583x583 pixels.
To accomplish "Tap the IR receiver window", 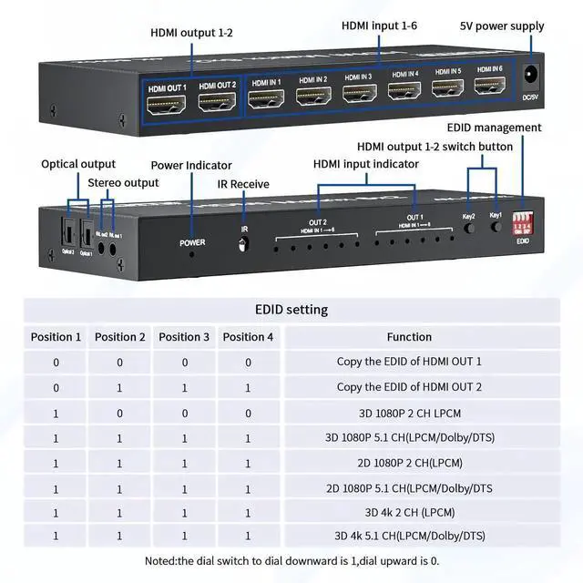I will [x=243, y=244].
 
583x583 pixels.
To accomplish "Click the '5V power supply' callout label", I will [x=502, y=26].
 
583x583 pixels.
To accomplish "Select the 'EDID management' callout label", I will [x=494, y=128].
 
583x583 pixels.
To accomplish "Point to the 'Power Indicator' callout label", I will [x=190, y=166].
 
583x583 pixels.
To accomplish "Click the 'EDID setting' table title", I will [x=291, y=310].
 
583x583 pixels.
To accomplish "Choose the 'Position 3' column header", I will [x=184, y=337].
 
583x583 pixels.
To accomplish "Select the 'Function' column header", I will [x=409, y=337].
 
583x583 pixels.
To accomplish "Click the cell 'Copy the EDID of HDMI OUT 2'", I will [x=409, y=387].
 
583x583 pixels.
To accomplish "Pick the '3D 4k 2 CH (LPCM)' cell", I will [x=409, y=512].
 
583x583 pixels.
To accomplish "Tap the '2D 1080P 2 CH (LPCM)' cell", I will [x=409, y=463].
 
